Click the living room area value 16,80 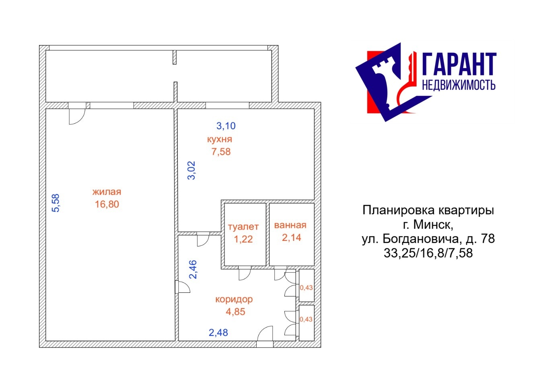[x=107, y=204]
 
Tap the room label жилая [x=107, y=192]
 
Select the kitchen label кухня [x=220, y=139]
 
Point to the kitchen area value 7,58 [x=221, y=152]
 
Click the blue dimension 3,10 [x=226, y=126]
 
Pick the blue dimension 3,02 [x=191, y=170]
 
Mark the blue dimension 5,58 [x=56, y=203]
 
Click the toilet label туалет [x=243, y=227]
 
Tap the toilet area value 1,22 [x=243, y=239]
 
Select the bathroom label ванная [x=290, y=225]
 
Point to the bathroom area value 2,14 [x=291, y=238]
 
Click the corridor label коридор [x=234, y=300]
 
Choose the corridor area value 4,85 [x=236, y=312]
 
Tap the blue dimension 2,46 [x=193, y=269]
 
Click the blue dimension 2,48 [x=218, y=333]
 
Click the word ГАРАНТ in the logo [x=459, y=64]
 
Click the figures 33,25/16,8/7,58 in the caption [x=428, y=253]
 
